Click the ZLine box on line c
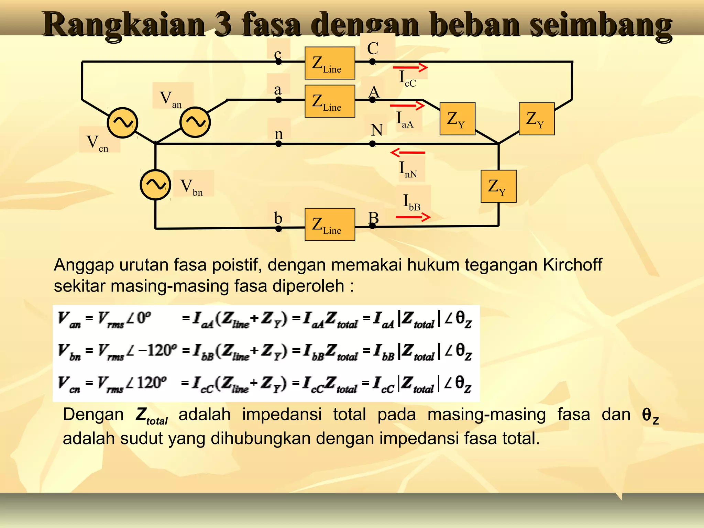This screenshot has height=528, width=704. [330, 63]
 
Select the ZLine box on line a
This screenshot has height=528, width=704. [330, 101]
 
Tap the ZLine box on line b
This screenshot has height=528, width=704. [330, 224]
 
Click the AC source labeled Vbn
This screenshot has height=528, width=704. [155, 185]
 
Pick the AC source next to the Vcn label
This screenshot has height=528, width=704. [122, 123]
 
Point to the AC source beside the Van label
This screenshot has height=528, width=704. [195, 122]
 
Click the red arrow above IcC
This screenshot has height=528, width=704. [410, 68]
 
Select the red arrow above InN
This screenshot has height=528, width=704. [408, 152]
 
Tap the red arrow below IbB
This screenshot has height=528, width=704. [413, 217]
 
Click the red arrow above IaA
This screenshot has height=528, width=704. [408, 106]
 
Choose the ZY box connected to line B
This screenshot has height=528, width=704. [498, 186]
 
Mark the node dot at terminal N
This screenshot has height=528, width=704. [372, 144]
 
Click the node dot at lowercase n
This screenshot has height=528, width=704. [278, 144]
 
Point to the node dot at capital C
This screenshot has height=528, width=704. [372, 62]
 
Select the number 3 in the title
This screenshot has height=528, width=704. [223, 25]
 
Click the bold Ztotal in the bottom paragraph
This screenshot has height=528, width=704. [151, 416]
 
